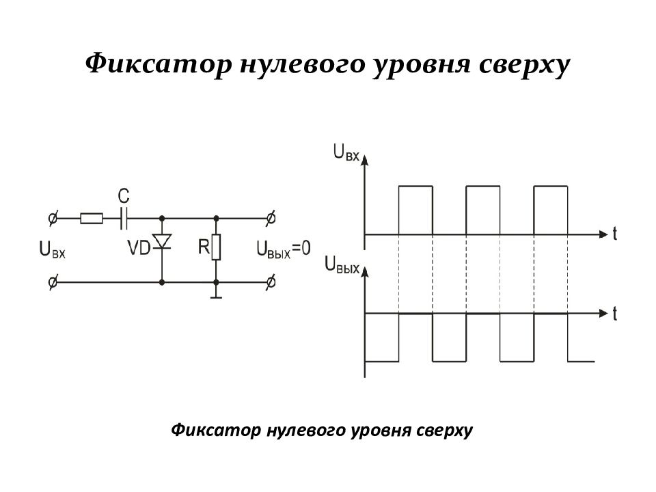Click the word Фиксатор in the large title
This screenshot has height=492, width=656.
[159, 64]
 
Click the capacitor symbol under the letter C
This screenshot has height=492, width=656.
[124, 218]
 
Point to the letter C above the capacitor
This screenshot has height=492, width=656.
[124, 196]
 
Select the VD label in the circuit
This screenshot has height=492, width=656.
[139, 247]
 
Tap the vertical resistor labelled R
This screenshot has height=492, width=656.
[216, 247]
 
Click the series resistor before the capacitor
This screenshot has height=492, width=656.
[91, 218]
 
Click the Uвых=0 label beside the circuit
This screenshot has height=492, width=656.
[283, 249]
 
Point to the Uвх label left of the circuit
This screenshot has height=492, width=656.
[53, 250]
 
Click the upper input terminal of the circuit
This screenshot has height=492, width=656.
[53, 218]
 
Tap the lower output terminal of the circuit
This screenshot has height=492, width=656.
[271, 282]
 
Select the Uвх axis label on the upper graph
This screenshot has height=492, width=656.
[346, 152]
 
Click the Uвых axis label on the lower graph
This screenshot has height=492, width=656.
[342, 265]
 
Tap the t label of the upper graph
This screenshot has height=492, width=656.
[614, 234]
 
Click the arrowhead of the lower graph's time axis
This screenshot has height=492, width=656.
[603, 314]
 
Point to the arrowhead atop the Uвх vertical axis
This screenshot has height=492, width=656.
[364, 159]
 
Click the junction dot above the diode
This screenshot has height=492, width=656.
[162, 218]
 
